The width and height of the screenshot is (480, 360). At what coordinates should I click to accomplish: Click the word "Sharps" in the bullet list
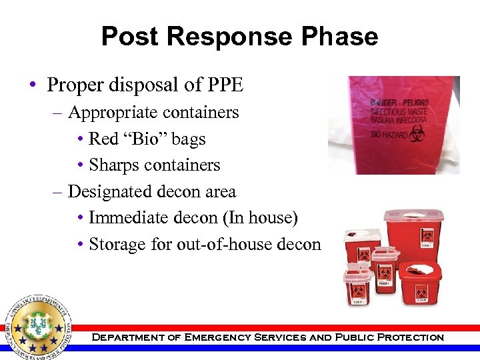pyautogui.click(x=112, y=165)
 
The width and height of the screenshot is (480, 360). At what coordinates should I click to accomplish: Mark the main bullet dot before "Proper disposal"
pyautogui.click(x=33, y=86)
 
